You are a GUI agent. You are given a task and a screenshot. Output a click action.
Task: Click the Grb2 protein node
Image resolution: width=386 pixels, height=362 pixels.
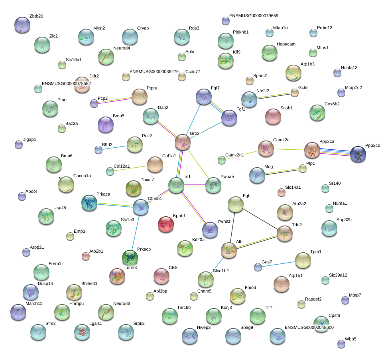point(182,142)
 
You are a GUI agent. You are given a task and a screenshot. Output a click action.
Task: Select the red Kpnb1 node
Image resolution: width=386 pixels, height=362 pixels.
point(165,224)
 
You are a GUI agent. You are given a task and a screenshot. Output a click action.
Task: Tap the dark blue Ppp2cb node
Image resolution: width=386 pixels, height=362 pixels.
point(358,154)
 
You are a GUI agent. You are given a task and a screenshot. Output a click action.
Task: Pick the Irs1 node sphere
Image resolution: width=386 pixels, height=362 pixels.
point(176,185)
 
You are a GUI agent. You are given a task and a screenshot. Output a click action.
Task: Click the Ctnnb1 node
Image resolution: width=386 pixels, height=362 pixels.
point(141,207)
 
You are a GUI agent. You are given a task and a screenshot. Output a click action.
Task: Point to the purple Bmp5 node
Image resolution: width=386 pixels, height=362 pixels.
point(106,125)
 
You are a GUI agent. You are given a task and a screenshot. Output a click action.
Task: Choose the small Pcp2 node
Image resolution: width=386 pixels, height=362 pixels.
point(94,103)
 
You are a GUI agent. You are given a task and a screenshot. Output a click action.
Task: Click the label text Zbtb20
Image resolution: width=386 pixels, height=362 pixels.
point(36,16)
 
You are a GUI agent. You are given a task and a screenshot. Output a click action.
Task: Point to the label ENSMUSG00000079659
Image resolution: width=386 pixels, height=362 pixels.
point(254,16)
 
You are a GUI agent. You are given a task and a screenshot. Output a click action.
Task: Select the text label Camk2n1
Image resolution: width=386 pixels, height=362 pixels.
point(234,155)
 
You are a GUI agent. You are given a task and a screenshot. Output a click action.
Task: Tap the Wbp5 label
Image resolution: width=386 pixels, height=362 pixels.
point(351,339)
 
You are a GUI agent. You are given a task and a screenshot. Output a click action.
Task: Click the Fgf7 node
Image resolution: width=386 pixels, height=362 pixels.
point(204,97)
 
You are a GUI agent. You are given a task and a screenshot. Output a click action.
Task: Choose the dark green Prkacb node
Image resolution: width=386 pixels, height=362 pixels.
point(130,258)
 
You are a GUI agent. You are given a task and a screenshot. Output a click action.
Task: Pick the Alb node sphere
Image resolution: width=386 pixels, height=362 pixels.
point(229,250)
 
